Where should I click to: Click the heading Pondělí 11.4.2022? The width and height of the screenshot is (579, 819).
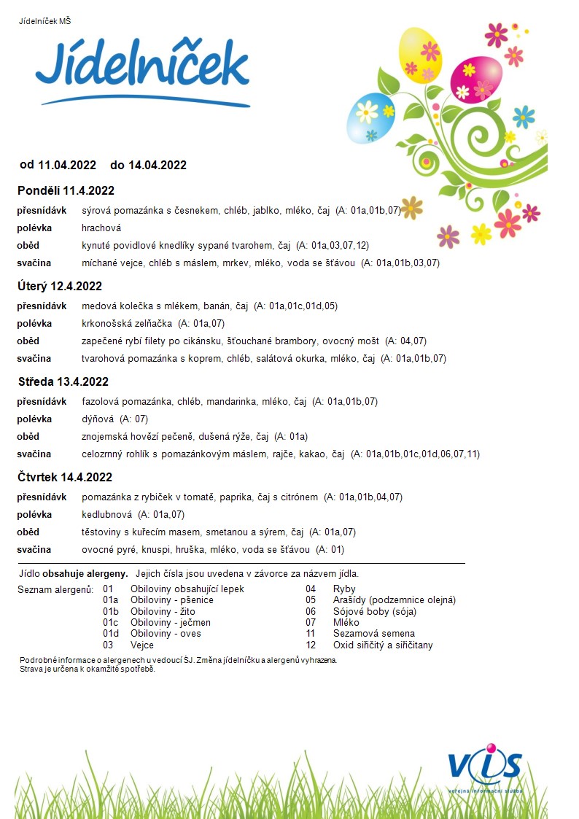(66, 191)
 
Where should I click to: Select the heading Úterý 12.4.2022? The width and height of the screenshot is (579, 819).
(60, 286)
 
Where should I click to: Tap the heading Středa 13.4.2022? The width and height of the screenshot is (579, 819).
(63, 381)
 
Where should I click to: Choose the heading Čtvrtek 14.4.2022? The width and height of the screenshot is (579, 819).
(65, 478)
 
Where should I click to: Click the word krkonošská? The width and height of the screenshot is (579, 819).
(106, 323)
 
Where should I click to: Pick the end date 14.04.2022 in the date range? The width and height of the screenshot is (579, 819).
(158, 165)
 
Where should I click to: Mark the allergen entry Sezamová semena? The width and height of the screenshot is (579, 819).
(373, 634)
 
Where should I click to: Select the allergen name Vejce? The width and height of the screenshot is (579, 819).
(141, 645)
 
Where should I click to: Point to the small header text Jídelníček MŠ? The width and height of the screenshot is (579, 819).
(45, 20)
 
